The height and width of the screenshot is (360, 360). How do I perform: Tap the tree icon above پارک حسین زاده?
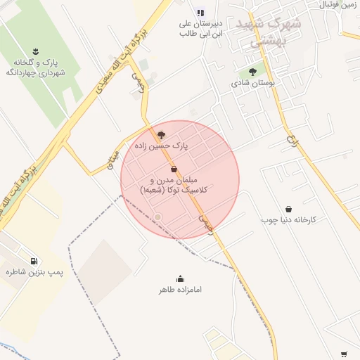click(161, 134)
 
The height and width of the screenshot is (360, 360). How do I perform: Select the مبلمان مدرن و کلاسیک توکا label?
click(174, 185)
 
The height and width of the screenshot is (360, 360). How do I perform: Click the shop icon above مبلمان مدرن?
click(174, 169)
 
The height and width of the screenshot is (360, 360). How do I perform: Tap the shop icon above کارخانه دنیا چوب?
click(289, 209)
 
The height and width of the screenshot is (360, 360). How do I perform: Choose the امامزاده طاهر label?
click(179, 289)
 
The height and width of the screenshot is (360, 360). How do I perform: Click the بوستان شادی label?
click(252, 83)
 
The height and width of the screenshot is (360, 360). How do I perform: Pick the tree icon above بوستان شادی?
click(252, 72)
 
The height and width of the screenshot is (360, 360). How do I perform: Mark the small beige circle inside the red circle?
click(158, 217)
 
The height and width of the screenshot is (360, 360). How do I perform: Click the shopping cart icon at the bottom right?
click(344, 354)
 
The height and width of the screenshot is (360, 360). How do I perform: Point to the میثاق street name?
click(112, 165)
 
